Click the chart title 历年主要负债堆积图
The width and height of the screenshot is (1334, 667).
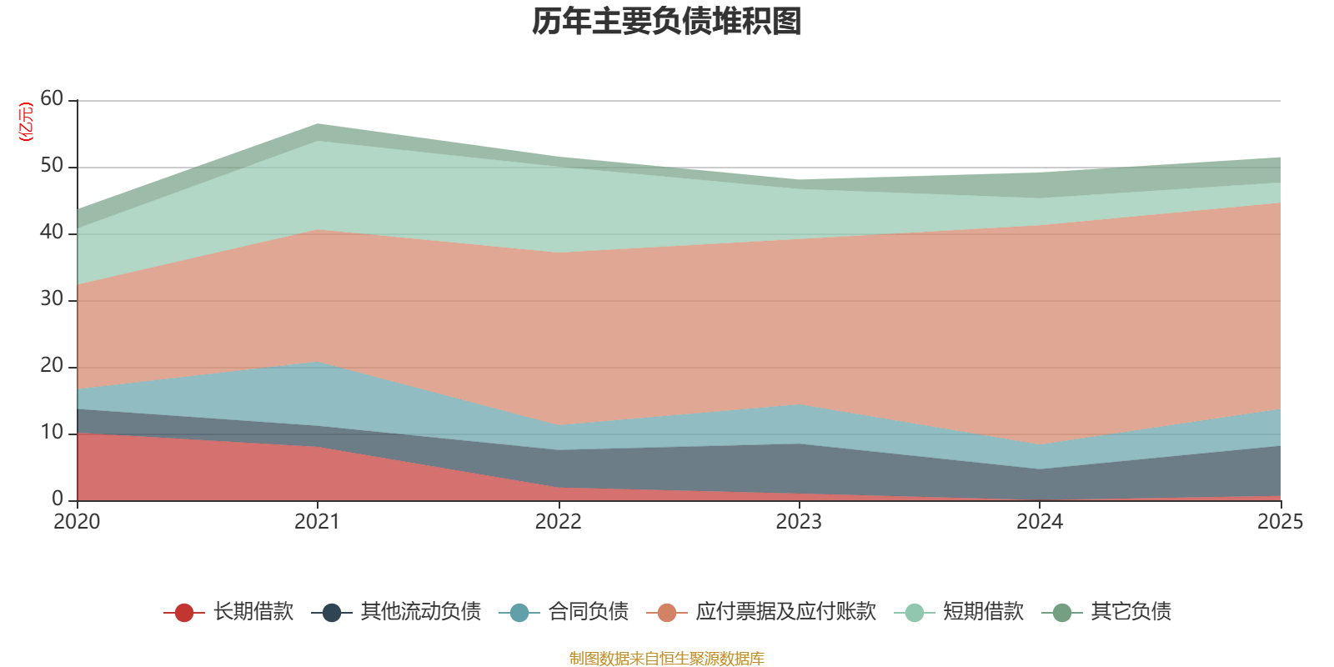click(x=667, y=22)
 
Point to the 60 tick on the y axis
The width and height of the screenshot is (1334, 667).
click(x=52, y=98)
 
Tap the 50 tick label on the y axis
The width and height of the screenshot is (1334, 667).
click(x=52, y=165)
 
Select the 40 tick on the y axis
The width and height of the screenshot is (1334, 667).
click(x=52, y=232)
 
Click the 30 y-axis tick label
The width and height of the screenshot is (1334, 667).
click(x=52, y=298)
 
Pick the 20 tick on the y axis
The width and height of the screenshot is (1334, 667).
click(x=52, y=365)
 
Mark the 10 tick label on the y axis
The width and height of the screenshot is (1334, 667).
click(x=52, y=432)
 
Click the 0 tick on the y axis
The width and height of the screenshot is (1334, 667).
click(x=57, y=499)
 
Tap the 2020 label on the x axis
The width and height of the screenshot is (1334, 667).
click(x=77, y=522)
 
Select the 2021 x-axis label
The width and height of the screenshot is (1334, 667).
click(x=317, y=522)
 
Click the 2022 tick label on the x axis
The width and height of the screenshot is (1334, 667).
click(x=558, y=522)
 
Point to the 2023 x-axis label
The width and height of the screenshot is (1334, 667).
click(x=799, y=522)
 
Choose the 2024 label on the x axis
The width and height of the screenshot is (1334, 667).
click(x=1039, y=522)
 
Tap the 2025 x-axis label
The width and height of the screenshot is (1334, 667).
click(x=1280, y=522)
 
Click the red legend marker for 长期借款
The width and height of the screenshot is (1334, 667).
click(x=184, y=613)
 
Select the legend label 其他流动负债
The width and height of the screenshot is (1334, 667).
click(x=420, y=612)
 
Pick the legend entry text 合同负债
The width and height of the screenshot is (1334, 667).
click(x=588, y=612)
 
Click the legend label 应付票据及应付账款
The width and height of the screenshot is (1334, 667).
click(x=785, y=612)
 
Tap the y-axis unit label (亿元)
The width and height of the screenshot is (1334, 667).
click(x=26, y=122)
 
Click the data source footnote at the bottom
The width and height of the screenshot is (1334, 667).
click(x=667, y=659)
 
